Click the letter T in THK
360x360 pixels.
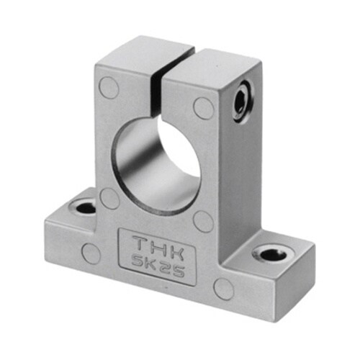click(x=143, y=243)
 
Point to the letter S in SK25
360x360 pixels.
click(x=139, y=261)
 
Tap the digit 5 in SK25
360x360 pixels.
click(x=179, y=271)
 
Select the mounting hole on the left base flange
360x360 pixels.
click(x=84, y=207)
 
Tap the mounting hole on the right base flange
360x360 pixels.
click(x=273, y=255)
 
